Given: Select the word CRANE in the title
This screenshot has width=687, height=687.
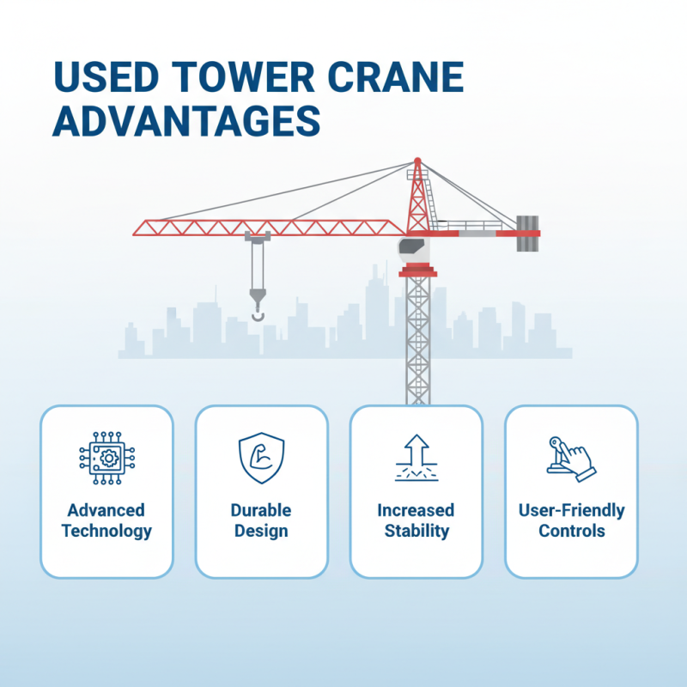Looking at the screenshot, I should pos(398,79).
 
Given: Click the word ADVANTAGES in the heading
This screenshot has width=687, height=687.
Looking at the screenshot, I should pos(186,122).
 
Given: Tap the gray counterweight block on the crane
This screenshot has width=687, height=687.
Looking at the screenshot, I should pos(527,234).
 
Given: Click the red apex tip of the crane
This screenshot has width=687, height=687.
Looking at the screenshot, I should pos(417,161).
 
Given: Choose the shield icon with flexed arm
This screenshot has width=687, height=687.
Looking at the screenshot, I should pos(261,457).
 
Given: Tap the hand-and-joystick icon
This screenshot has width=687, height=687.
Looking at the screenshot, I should pos(570,457).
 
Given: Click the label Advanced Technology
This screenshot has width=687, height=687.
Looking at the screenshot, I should pos(106,520).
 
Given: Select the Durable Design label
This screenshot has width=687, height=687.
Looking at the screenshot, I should pos(261,520).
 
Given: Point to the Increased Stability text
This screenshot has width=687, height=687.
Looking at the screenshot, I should pos(416,520).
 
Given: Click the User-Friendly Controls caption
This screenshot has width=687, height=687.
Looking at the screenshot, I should pos(571,520).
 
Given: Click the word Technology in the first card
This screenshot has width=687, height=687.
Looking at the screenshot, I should pos(106,531).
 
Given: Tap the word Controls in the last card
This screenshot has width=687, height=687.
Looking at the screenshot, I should pos(571,531).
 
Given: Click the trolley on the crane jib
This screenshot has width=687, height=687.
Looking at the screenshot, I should pos(258,236).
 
